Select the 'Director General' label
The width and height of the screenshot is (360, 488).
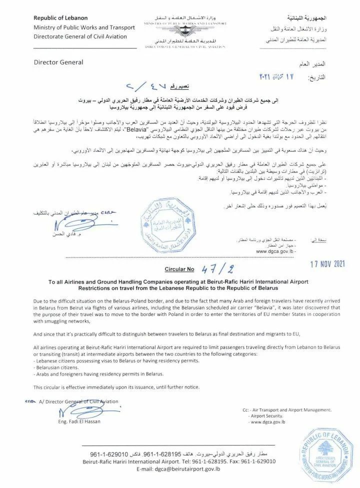coord(57,63)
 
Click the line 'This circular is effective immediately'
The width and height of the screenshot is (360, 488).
coord(116,387)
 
